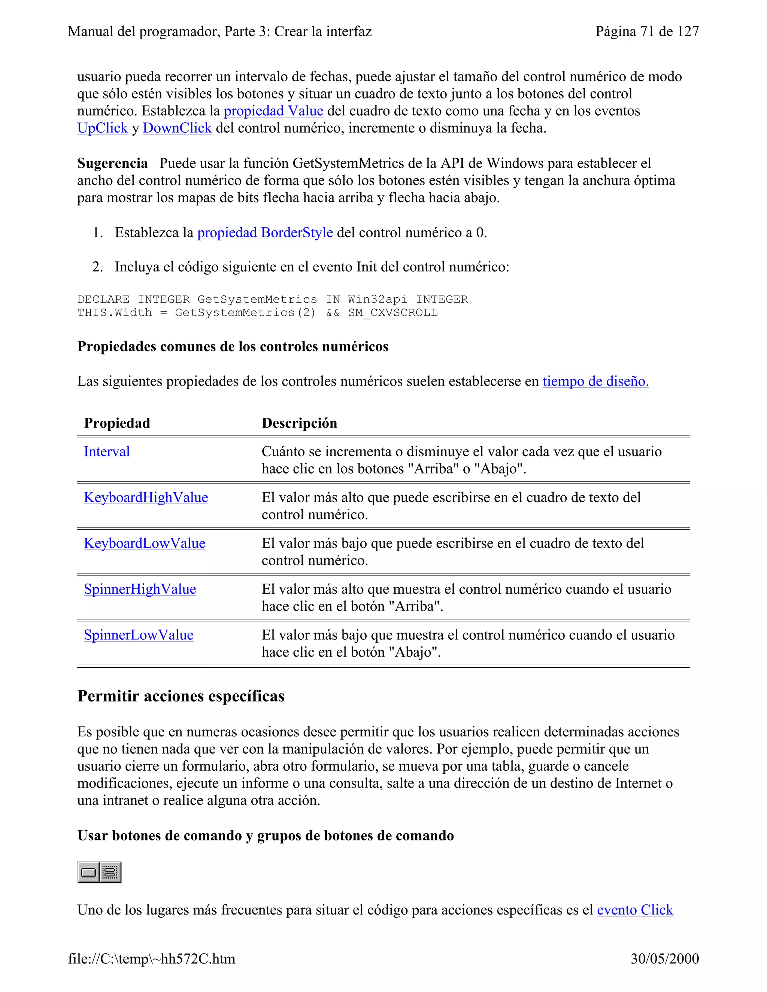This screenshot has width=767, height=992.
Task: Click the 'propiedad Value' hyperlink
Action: point(273,111)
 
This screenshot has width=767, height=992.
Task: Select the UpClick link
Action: point(102,128)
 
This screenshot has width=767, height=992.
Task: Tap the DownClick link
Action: point(177,128)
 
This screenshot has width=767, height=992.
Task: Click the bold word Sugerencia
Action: point(112,163)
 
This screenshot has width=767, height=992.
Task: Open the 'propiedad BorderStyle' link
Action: point(265,232)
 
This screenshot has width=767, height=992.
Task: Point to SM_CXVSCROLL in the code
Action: point(392,313)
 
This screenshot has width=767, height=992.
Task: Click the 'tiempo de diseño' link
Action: point(595,381)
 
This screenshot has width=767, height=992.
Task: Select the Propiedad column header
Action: point(117,423)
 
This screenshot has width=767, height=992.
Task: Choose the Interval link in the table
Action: point(107,451)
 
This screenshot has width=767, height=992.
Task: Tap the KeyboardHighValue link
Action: point(146,497)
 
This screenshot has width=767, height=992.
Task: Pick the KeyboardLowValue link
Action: point(145,543)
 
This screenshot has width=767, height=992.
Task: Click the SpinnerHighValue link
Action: point(140,589)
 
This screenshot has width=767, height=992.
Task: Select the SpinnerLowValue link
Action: point(139,635)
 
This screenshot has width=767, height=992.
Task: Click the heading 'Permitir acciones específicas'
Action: point(181,696)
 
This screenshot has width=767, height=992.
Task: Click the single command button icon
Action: point(88,872)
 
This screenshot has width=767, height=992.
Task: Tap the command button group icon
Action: point(110,872)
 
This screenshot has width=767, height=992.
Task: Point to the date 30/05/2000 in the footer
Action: point(664,958)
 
